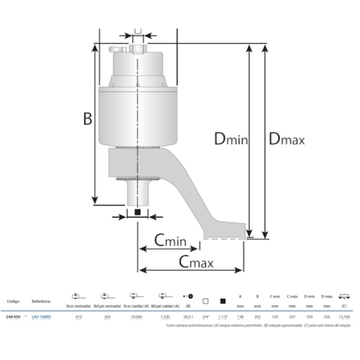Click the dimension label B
[88, 118]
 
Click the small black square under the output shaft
[137, 212]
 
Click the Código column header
[13, 301]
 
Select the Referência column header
[41, 301]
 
